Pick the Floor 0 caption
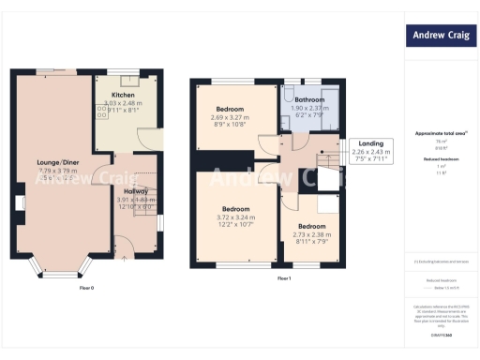coord(85,287)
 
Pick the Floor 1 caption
coord(284,278)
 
